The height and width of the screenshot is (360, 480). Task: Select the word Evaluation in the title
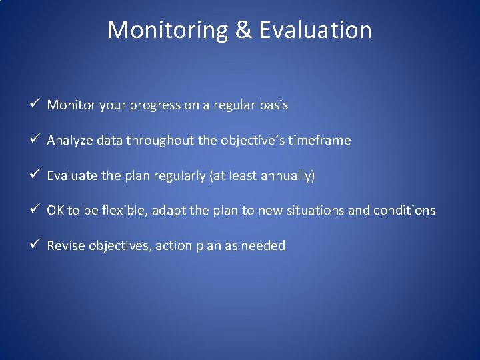coord(315,30)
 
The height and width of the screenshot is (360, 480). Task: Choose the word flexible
coord(126,211)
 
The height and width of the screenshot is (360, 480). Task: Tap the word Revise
coord(65,246)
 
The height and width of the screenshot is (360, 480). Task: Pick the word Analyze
coord(70,141)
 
